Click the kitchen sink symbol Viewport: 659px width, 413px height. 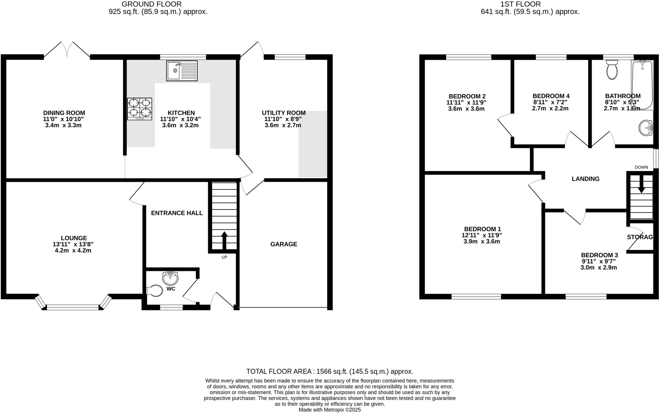(x=182, y=70)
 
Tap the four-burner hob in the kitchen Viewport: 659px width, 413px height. (x=140, y=109)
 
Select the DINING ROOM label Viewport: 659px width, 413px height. (x=64, y=113)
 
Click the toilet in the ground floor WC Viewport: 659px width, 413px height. (x=155, y=291)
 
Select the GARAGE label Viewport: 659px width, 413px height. (x=283, y=244)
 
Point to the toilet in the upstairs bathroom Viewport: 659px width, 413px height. (x=612, y=70)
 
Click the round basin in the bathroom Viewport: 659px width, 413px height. (x=645, y=128)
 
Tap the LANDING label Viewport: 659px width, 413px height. (x=585, y=179)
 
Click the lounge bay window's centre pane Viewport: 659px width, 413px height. (x=73, y=307)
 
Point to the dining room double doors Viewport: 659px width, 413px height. (x=67, y=50)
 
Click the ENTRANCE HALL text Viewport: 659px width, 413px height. (x=177, y=213)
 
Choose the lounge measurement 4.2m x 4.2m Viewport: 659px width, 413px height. (x=73, y=250)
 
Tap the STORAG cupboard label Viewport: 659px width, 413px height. (x=640, y=237)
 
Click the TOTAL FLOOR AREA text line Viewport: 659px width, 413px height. (x=329, y=371)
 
